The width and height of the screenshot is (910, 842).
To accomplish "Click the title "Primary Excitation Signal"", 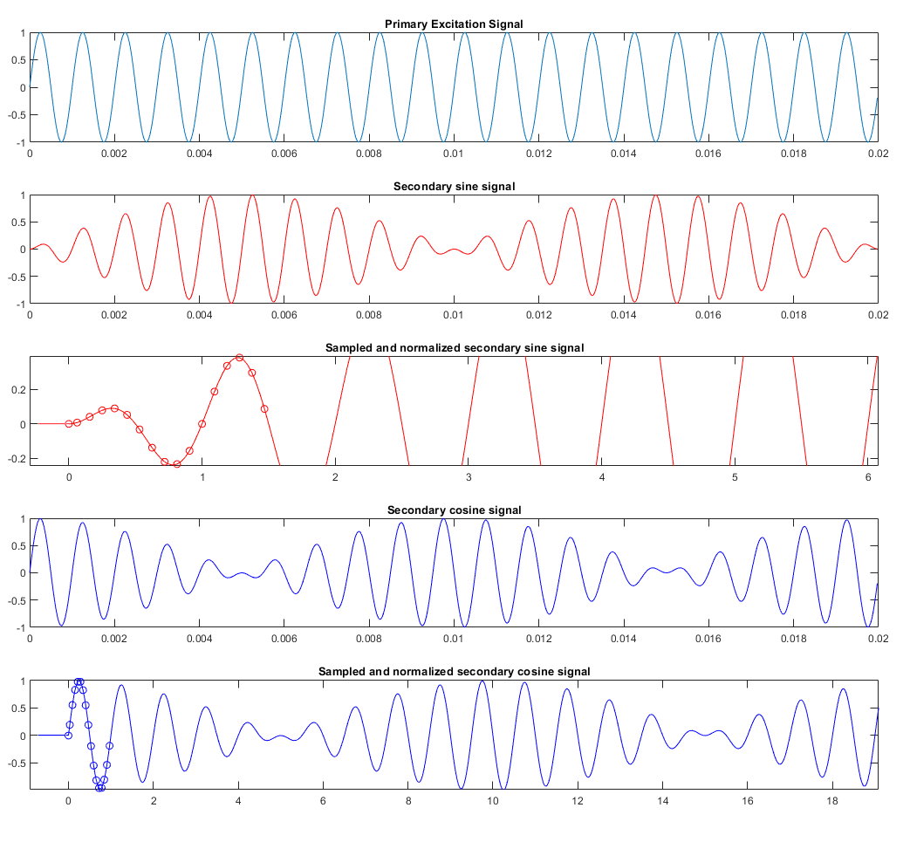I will click(454, 24).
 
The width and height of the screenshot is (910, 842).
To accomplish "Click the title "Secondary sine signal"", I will click(454, 186).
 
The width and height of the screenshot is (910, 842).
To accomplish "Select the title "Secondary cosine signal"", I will click(454, 510).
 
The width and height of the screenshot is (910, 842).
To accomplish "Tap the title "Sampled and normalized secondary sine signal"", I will click(454, 348).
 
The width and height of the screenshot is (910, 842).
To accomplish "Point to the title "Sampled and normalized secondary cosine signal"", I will click(454, 671).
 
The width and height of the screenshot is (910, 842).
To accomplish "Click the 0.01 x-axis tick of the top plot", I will click(454, 153).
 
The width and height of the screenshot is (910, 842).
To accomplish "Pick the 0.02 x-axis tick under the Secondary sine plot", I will click(877, 314).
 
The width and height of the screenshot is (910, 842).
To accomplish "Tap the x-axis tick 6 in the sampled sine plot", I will click(868, 476).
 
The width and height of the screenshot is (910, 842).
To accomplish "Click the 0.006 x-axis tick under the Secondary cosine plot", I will click(284, 638).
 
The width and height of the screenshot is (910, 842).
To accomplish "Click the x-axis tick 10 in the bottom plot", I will click(493, 799).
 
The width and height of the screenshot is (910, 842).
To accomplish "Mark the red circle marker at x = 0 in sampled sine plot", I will click(69, 424).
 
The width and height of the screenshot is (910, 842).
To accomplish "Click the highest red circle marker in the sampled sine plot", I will click(239, 358).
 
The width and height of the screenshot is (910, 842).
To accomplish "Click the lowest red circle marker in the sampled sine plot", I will click(177, 464).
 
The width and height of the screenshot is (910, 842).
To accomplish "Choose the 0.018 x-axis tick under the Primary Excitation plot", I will click(792, 153).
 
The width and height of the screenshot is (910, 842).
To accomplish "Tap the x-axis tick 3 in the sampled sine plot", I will click(469, 476).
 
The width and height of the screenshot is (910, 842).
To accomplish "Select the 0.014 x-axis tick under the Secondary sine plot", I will click(623, 314).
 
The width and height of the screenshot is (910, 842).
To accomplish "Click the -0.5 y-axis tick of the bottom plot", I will click(16, 763).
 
